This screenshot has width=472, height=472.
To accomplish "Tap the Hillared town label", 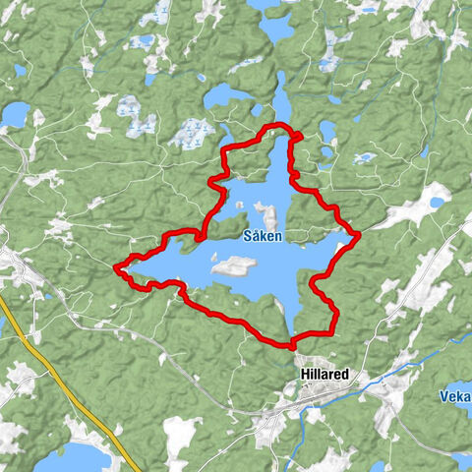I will click(325, 375).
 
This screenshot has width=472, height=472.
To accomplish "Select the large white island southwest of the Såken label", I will click(233, 265).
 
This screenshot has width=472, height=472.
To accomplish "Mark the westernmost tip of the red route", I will click(116, 266).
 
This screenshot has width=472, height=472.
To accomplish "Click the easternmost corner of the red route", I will click(359, 234).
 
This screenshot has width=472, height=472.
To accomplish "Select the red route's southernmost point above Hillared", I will click(292, 346).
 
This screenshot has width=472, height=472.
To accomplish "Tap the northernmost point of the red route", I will click(280, 125).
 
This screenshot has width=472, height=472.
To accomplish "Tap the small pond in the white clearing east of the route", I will click(436, 203).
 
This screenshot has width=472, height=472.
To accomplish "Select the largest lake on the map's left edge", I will click(14, 115).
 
